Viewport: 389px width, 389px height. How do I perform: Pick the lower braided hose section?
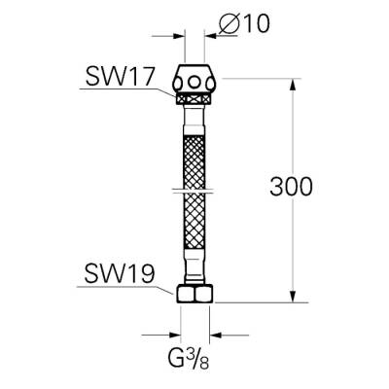[194, 229]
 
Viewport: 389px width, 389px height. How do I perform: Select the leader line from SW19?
[146, 289]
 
